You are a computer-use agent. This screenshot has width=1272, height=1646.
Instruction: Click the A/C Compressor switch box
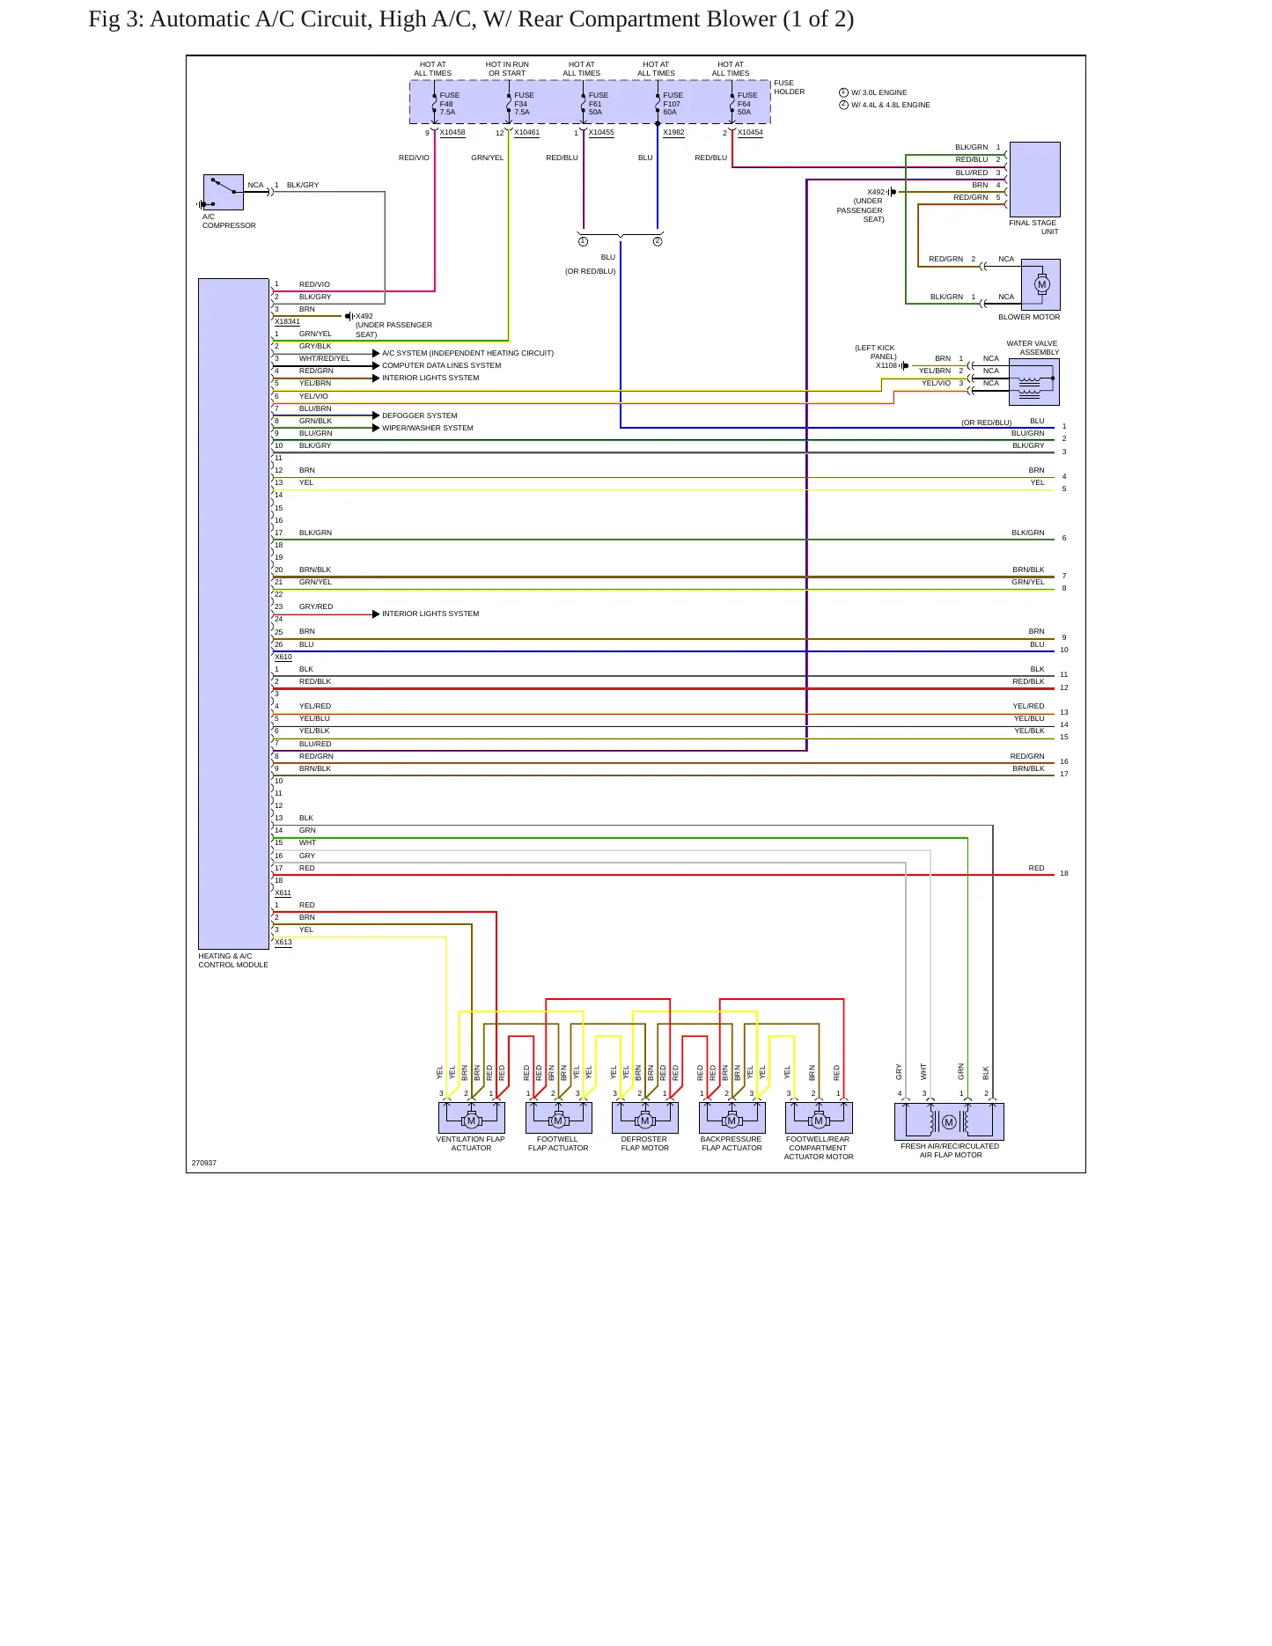point(224,192)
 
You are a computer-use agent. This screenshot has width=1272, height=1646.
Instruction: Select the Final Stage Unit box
point(1034,180)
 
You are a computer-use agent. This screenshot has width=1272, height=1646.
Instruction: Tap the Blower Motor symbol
point(1040,284)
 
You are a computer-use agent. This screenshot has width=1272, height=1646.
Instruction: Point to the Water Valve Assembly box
point(1034,382)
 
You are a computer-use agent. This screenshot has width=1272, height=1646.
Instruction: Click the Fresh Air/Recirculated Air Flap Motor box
point(949,1121)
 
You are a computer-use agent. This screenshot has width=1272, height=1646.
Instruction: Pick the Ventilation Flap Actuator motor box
point(472,1118)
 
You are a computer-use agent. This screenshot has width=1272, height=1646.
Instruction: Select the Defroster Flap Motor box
point(645,1118)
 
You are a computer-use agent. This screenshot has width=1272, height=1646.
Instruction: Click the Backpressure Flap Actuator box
point(732,1118)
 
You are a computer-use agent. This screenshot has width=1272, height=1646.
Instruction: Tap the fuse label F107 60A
point(673,104)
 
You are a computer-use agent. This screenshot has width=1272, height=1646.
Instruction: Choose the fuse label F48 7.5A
point(449,104)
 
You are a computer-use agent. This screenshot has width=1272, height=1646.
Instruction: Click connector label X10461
point(526,133)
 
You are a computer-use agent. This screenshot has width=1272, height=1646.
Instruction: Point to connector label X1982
point(673,133)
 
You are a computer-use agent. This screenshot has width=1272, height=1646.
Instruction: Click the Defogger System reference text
point(420,415)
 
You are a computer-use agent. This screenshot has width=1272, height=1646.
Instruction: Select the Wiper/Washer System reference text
point(428,428)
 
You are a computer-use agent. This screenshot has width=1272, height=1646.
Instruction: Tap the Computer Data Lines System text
point(442,365)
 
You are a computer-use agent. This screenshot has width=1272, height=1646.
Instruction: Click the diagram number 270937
point(204,1163)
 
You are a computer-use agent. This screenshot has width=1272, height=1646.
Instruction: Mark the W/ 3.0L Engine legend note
point(879,92)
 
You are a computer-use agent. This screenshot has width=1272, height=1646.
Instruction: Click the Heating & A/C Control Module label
point(233,960)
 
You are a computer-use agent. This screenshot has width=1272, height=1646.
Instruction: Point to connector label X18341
point(287,321)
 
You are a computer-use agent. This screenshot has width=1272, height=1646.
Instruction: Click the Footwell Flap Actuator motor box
point(559,1118)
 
